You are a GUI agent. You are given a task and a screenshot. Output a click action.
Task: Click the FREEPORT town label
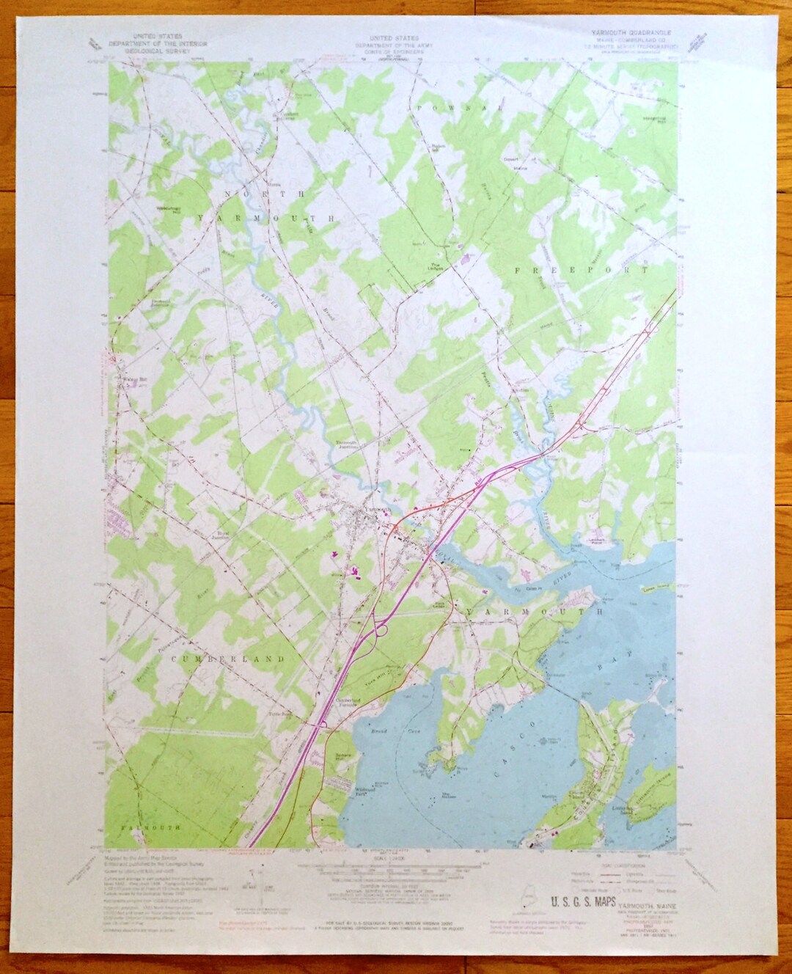pyautogui.click(x=582, y=271)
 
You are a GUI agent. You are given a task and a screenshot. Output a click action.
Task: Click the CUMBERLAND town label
pyautogui.click(x=228, y=659)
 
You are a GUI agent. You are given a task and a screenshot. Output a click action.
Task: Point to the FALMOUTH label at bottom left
pyautogui.click(x=147, y=827)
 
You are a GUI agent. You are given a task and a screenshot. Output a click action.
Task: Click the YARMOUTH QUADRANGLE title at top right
pyautogui.click(x=630, y=32)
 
